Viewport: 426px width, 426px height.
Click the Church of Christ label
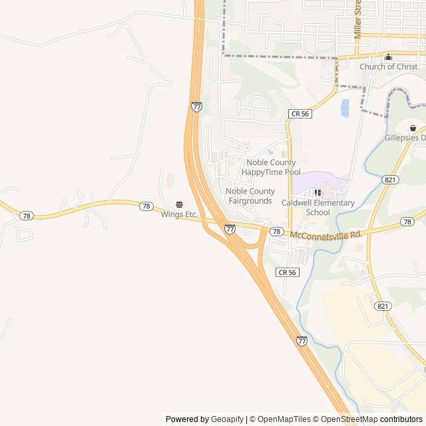tap(389, 67)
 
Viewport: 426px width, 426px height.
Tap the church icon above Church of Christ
tap(389, 57)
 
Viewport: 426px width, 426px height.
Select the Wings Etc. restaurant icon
tap(179, 204)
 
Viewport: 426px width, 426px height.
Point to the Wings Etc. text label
tap(179, 214)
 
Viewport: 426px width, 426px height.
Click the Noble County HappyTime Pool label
tap(271, 167)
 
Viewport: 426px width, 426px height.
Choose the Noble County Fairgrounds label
tap(250, 196)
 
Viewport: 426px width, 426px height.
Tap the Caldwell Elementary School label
tap(318, 208)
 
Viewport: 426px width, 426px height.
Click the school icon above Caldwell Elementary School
tap(318, 193)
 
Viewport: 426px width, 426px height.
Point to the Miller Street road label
tap(357, 19)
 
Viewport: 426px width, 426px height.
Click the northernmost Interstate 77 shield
tap(196, 106)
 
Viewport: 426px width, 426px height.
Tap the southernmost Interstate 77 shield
tap(302, 341)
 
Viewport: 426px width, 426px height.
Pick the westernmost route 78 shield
tap(26, 216)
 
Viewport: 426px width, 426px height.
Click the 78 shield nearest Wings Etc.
tap(146, 206)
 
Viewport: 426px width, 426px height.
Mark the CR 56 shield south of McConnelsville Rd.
tap(287, 272)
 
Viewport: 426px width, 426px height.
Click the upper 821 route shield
tap(391, 180)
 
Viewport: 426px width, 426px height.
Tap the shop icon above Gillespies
tap(413, 128)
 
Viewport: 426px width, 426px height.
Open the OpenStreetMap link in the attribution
tap(349, 419)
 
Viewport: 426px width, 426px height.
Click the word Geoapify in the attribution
tap(227, 419)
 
